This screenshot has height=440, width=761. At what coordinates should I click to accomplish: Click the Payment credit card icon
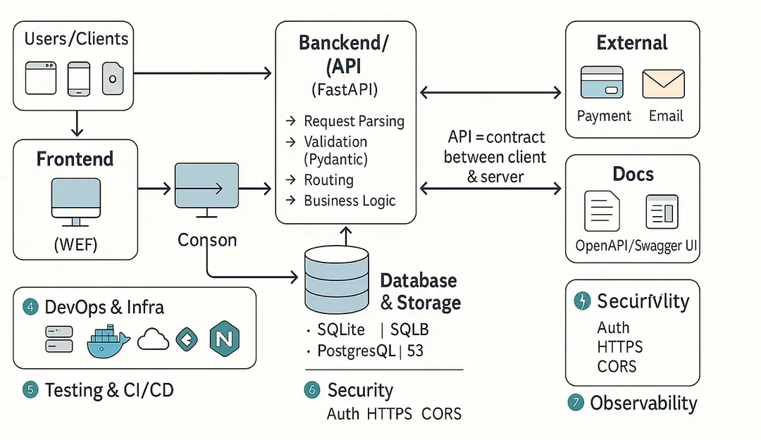coord(601,82)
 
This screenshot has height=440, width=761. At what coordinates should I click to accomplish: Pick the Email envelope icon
coord(663,83)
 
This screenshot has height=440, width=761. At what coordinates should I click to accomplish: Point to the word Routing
coord(328,180)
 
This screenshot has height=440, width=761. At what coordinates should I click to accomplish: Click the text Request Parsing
coord(354,121)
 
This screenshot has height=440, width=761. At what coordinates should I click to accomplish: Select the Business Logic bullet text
coord(349,201)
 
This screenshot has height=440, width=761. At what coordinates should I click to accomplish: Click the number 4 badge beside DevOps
coord(30,307)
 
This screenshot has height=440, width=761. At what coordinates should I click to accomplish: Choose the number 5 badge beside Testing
coord(30,389)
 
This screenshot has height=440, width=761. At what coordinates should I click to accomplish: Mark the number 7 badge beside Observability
coord(576,403)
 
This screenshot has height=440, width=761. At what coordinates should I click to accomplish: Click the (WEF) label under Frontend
coord(75,245)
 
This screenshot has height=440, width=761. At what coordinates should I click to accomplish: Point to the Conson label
coord(207,240)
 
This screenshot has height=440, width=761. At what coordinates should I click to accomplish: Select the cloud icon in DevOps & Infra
coord(153,340)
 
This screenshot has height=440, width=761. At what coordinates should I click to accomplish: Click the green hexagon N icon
coord(225,340)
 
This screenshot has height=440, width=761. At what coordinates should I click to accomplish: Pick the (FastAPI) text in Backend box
coord(344,90)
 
